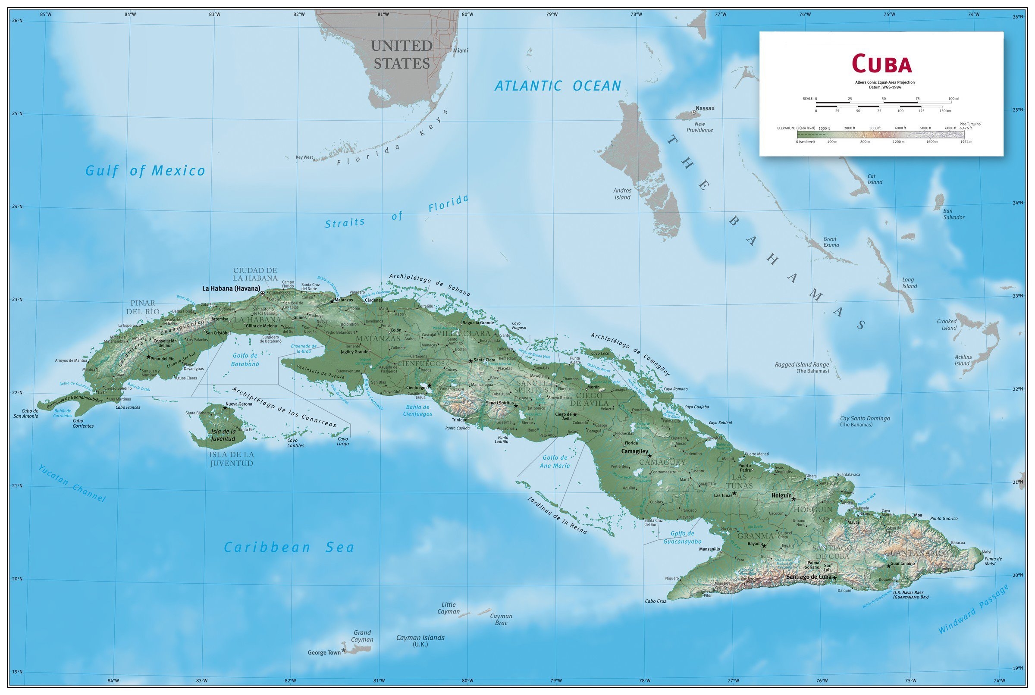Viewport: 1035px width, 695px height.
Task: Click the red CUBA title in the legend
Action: (881, 63)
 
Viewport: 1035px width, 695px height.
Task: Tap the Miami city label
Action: (460, 50)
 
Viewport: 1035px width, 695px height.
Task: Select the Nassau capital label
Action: (705, 108)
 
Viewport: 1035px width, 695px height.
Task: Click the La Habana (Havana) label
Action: (231, 288)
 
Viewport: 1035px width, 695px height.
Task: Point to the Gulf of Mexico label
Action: (145, 171)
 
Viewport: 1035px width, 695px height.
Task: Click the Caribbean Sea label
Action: (289, 548)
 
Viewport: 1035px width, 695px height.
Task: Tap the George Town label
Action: (324, 652)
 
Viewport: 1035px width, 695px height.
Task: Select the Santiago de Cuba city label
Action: (809, 577)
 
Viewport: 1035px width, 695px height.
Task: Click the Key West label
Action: (304, 157)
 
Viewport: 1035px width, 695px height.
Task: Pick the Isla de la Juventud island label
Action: (223, 435)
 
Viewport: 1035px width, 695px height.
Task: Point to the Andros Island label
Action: (622, 194)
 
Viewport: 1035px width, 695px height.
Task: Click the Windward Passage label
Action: (973, 609)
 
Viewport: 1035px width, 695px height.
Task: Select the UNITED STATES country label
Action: (401, 54)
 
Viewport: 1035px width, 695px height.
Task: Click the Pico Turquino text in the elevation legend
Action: (970, 124)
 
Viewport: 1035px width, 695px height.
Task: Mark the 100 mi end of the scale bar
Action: (953, 99)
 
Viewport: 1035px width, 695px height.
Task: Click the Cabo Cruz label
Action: (655, 601)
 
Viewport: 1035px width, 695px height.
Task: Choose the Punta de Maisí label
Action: (993, 561)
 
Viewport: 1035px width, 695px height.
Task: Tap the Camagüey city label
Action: (634, 451)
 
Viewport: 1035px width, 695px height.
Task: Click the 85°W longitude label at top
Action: (46, 14)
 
